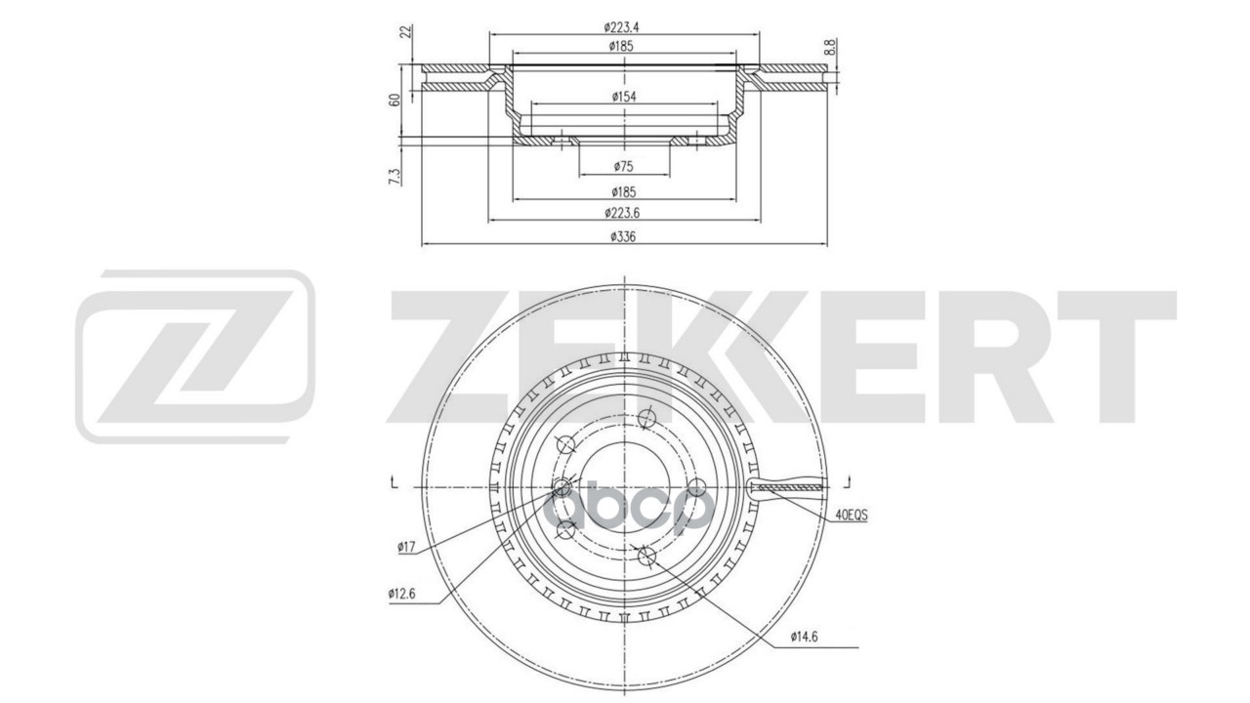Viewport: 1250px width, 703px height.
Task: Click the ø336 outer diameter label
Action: click(622, 236)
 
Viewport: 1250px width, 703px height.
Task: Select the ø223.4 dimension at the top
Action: click(622, 27)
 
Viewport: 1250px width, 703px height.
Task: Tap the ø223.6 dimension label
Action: click(622, 213)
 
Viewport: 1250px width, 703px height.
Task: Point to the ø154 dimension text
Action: click(622, 96)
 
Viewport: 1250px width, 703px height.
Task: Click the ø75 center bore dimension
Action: click(622, 167)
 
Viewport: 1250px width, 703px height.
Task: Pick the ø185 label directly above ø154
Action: click(622, 46)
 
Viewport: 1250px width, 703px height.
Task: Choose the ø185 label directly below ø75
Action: click(622, 191)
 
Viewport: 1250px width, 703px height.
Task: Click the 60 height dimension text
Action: click(395, 100)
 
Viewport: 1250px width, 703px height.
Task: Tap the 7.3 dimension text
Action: click(395, 176)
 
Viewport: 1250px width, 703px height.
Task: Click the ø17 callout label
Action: click(407, 548)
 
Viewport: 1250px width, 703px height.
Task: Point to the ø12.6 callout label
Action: click(400, 593)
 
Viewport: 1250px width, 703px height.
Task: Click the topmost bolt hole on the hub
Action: click(645, 419)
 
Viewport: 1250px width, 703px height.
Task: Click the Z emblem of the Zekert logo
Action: click(195, 356)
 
